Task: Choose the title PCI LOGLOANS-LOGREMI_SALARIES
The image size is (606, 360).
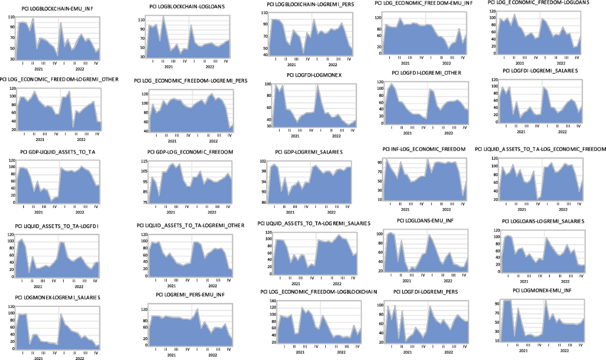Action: [x=543, y=221]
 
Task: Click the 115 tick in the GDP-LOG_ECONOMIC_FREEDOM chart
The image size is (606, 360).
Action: [x=144, y=162]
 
